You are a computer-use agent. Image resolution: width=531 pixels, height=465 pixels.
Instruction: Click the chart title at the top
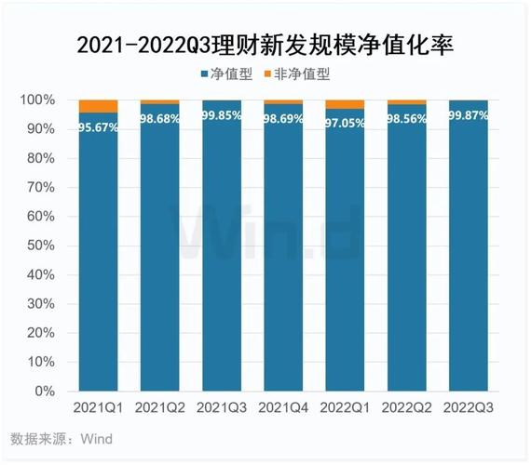pos(265,44)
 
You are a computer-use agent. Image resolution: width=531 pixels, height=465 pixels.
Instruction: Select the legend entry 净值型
pos(225,73)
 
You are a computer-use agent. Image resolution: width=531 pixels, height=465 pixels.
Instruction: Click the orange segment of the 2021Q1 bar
pos(98,106)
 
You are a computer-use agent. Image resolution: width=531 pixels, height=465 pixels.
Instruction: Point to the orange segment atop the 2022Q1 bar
pos(345,104)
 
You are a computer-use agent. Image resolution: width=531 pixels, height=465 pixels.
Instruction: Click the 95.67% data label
pos(98,127)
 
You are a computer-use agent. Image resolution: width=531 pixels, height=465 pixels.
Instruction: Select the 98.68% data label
pos(159,119)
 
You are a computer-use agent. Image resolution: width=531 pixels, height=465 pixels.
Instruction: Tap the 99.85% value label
pos(221,116)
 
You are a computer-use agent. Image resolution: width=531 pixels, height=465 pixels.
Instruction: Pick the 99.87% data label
pos(468,116)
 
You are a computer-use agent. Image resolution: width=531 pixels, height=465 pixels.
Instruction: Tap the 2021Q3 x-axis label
pos(221,409)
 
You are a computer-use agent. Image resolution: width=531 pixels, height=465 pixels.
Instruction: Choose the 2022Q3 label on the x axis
pos(468,409)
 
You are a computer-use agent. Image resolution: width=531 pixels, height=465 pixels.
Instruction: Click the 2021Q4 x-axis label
pos(282,409)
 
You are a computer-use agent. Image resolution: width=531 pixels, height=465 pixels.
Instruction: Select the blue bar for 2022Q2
pos(406,260)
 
